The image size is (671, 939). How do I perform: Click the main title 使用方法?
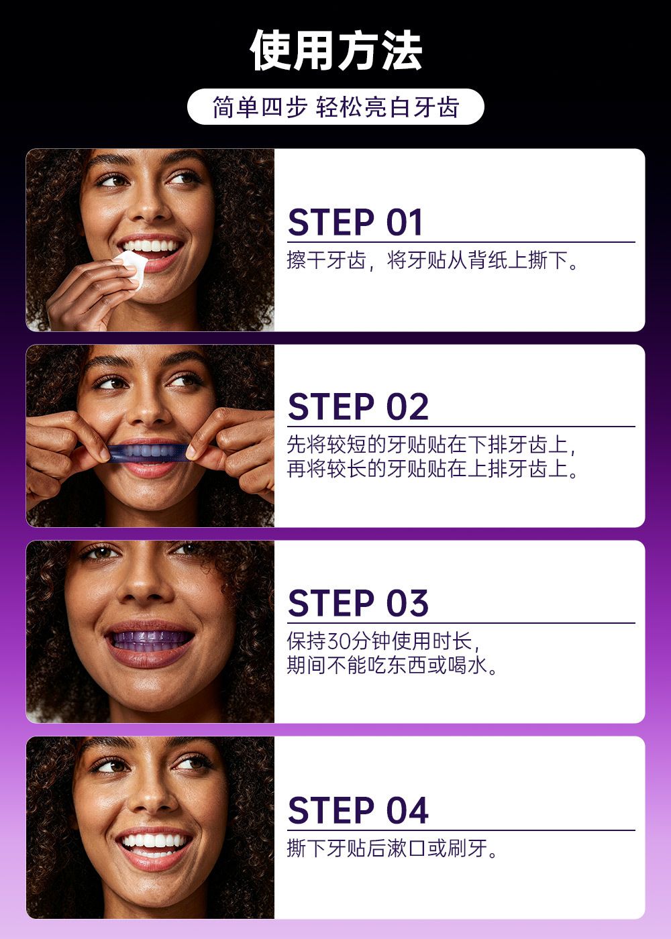point(335,50)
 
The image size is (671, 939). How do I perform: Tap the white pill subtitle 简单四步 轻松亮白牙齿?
point(335,107)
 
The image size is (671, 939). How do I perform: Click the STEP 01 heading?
point(355,222)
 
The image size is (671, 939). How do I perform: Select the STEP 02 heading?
point(358,406)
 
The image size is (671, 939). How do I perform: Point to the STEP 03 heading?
point(358,603)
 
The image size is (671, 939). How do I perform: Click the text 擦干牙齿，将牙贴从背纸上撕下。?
point(433,260)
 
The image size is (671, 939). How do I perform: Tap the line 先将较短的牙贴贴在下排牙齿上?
point(428,444)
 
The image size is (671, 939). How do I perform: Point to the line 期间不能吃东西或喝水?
point(387,665)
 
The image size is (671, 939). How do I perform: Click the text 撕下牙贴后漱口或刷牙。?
point(392,848)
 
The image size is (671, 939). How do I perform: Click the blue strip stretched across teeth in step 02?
point(149,453)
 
